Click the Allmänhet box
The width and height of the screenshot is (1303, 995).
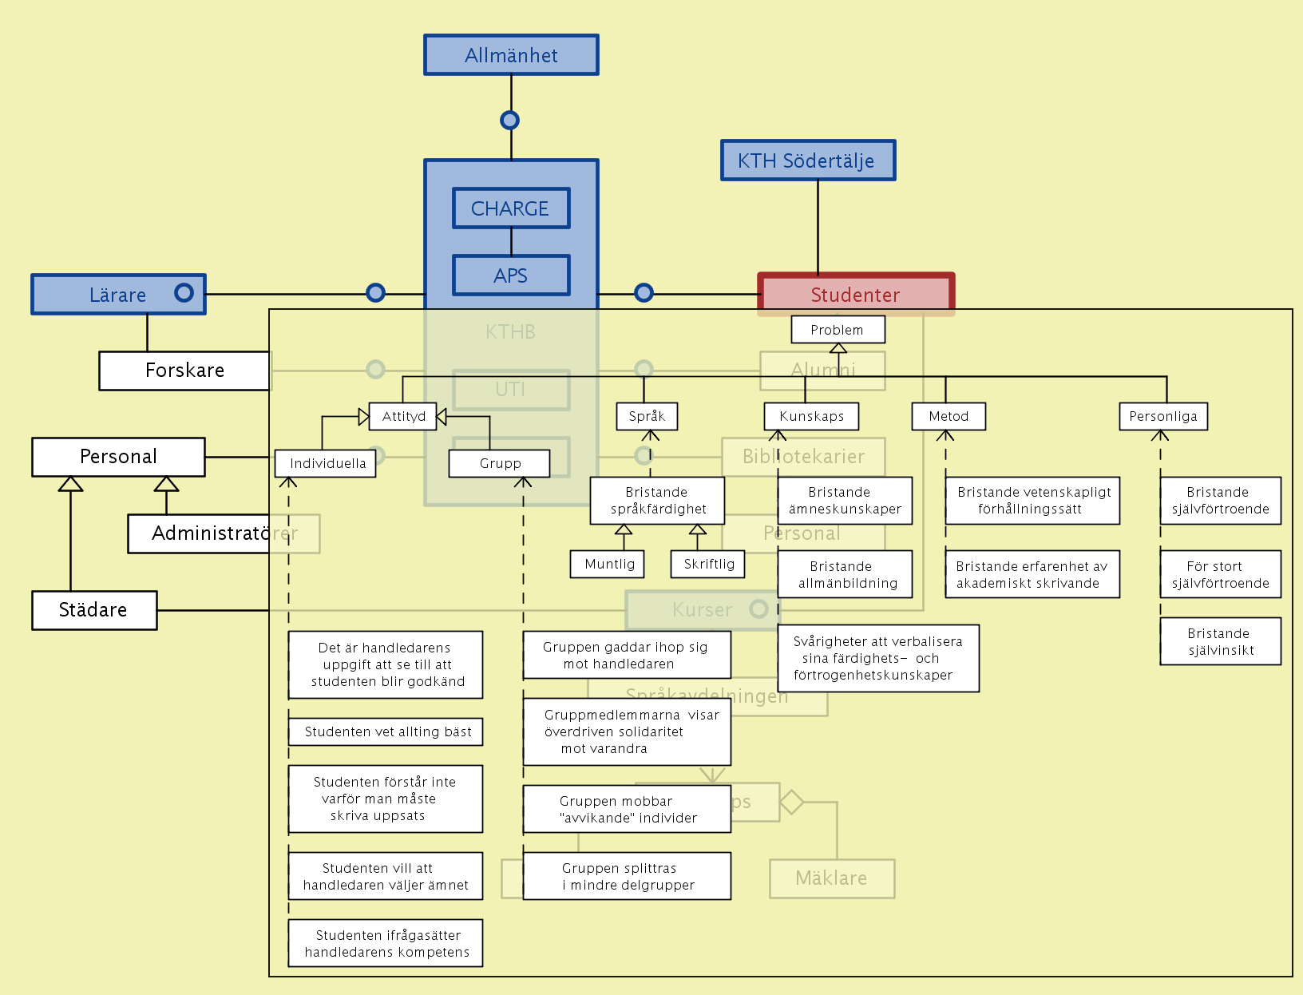pos(511,55)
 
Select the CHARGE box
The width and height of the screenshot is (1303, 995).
pos(511,208)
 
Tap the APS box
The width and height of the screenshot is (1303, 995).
pos(511,276)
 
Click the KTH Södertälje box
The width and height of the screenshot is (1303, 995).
pos(807,161)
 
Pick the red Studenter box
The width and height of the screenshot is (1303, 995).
pos(855,294)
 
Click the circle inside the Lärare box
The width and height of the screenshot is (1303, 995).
pos(184,293)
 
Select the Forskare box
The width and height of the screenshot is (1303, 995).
pos(184,371)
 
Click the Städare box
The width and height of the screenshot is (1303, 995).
pos(94,610)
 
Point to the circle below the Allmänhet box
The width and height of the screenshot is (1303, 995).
pos(510,120)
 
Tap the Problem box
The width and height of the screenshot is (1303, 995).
pos(838,330)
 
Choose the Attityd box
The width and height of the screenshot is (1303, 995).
pos(403,416)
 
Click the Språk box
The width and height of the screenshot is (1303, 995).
pos(647,416)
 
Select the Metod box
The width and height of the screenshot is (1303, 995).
pos(949,416)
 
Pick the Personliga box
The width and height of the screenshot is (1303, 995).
pos(1162,416)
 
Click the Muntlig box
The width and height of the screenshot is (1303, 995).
pos(608,564)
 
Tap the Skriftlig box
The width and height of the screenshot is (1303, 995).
pos(708,564)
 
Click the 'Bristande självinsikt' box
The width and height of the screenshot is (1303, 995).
pos(1220,641)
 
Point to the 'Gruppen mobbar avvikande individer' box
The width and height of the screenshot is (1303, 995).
pos(627,809)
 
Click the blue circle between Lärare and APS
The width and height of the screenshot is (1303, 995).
pos(375,293)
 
